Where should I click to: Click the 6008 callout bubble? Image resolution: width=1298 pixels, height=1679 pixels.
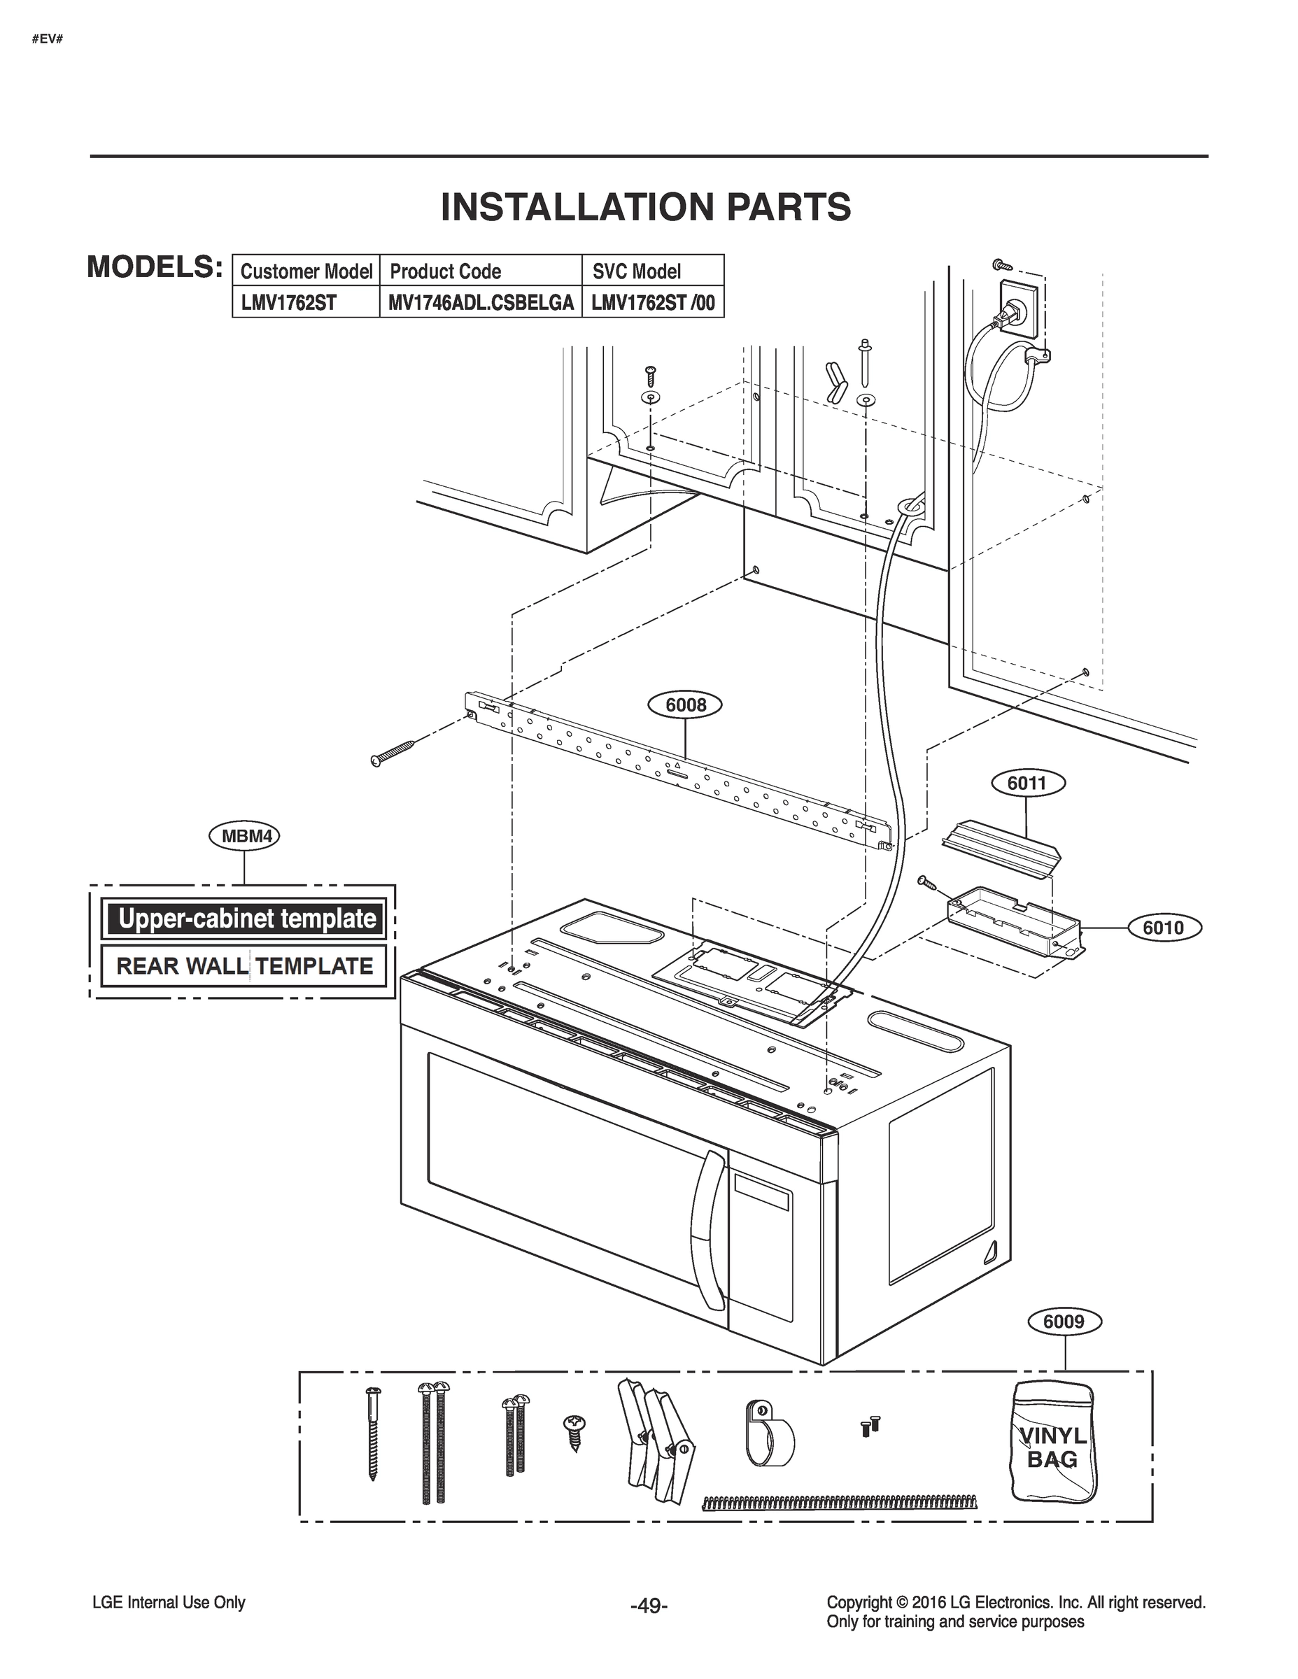coord(685,705)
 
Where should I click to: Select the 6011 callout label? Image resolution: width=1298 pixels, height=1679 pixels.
coord(1027,784)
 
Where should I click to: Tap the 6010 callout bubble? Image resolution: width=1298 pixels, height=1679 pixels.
coord(1163,928)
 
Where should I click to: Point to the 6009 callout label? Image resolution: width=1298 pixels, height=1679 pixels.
coord(1064,1322)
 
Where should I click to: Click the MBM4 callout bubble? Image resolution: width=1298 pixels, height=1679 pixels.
coord(244,837)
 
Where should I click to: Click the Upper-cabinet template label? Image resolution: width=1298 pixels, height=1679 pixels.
coord(244,919)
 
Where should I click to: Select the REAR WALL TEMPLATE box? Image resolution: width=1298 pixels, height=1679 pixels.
coord(244,966)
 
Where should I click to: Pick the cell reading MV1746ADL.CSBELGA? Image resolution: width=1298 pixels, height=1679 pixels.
coord(481,303)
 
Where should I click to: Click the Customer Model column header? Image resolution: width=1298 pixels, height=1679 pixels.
coord(306,271)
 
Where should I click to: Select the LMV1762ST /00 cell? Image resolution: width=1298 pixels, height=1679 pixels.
coord(653,303)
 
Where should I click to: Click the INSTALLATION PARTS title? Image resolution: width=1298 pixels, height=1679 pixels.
coord(646,207)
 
